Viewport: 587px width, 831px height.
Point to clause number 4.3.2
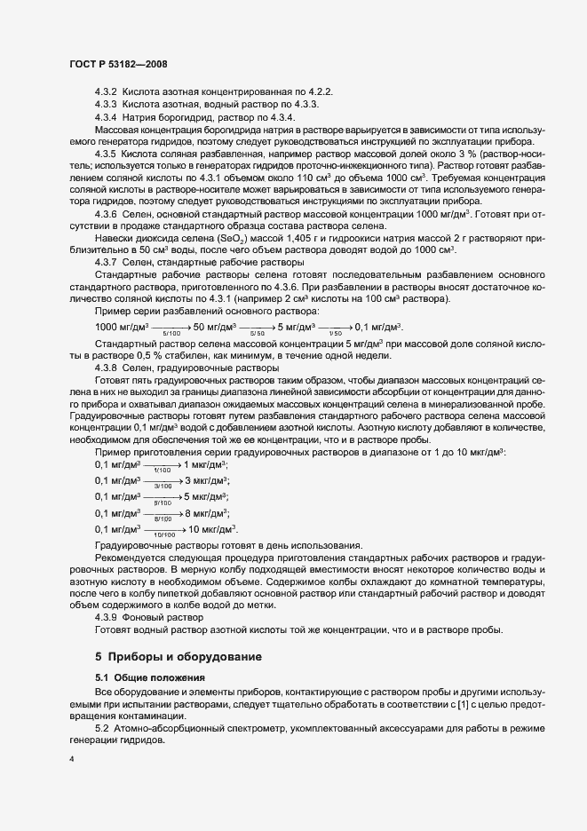coord(107,92)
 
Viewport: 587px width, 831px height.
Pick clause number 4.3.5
coord(107,154)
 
